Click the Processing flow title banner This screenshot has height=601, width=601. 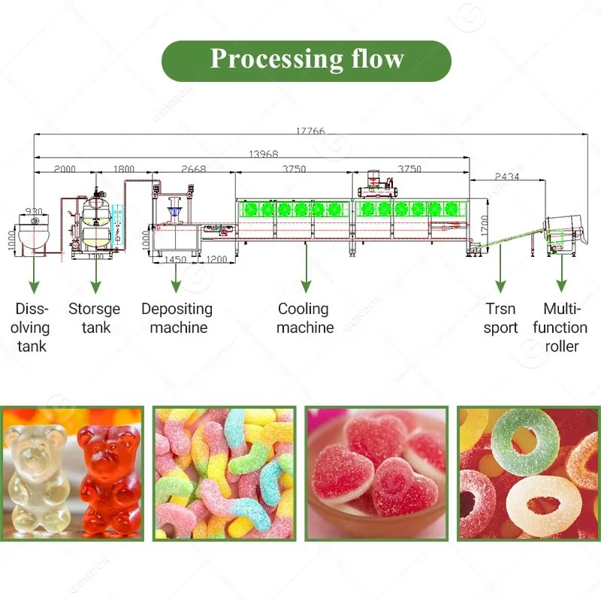point(307,60)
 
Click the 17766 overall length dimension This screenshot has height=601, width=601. point(310,131)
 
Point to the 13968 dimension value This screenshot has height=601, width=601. point(264,154)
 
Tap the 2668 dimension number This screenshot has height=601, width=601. point(193,170)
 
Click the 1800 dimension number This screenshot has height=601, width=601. point(125,170)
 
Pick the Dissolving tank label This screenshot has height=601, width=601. point(32,327)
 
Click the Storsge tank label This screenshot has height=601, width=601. point(94,318)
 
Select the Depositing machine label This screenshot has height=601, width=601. point(177,318)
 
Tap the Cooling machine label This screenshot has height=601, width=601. point(304,318)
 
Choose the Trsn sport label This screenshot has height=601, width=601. point(500,318)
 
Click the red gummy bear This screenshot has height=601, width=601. point(110,477)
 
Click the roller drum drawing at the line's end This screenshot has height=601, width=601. point(563,231)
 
